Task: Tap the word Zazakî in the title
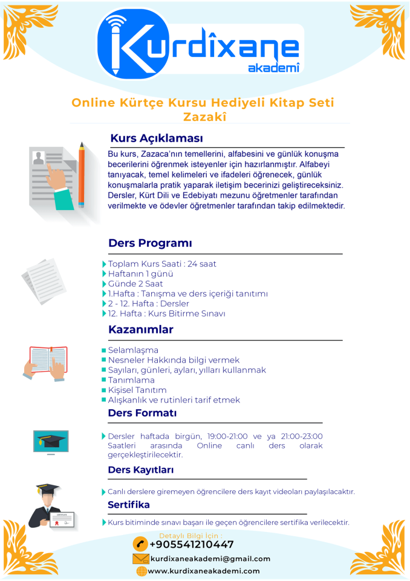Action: tap(204, 117)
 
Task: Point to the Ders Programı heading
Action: tap(150, 243)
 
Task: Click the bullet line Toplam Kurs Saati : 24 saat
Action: tap(161, 264)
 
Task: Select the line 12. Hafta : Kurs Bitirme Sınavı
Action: tap(166, 313)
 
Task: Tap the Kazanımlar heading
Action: tap(140, 330)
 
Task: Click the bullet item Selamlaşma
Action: tap(133, 350)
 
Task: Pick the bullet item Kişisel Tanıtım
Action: tap(137, 390)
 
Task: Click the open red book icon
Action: tap(48, 362)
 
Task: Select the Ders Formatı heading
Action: tap(142, 413)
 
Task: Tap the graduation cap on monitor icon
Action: tap(50, 442)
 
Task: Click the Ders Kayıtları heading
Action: tap(140, 470)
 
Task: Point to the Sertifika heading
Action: tap(128, 505)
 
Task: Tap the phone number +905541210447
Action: tap(191, 545)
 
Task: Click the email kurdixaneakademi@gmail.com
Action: tap(203, 559)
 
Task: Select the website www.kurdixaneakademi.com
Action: tap(204, 571)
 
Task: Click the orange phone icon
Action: tap(140, 544)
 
